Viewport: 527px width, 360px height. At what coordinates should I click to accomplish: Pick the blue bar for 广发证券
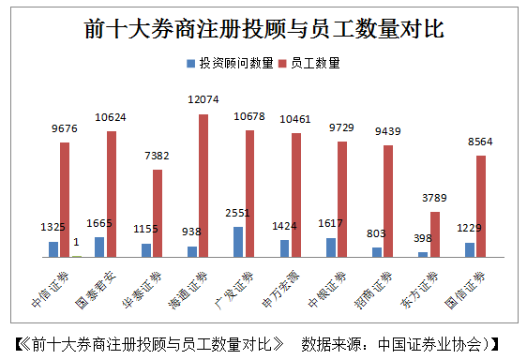(238, 241)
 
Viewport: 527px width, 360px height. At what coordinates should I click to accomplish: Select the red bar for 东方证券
(435, 233)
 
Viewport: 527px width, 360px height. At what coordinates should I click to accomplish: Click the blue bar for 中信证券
(53, 248)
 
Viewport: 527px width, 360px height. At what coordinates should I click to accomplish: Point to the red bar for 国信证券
(481, 205)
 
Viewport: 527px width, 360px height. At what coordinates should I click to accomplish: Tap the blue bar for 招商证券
(377, 251)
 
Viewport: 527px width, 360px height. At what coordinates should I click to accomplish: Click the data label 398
(423, 239)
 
